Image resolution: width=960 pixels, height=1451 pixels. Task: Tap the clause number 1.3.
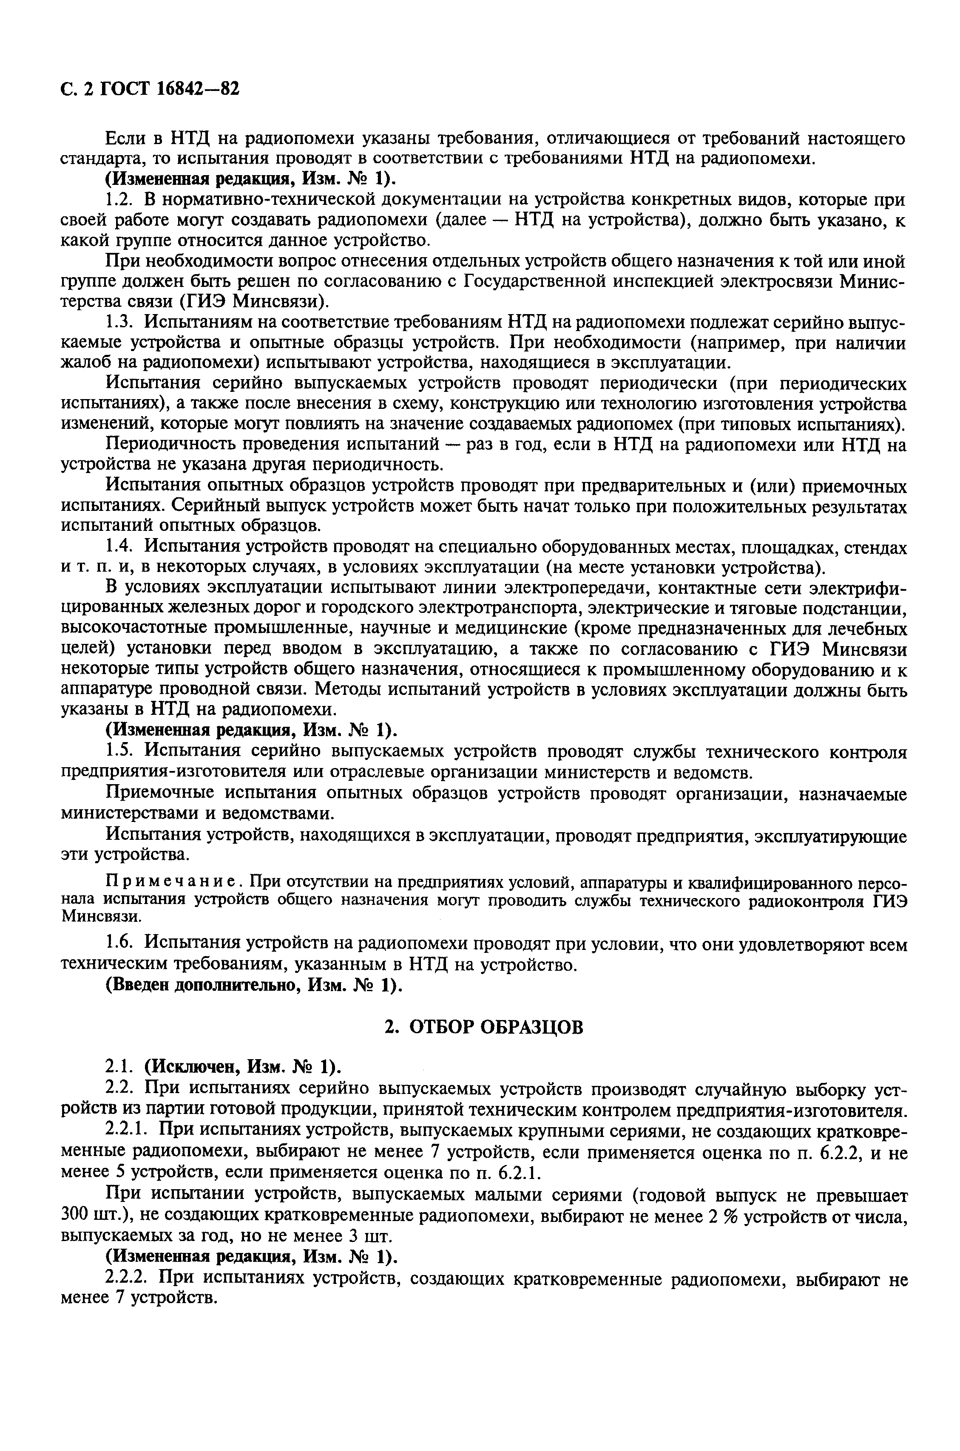(x=119, y=323)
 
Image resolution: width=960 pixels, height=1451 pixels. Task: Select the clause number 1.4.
(x=119, y=547)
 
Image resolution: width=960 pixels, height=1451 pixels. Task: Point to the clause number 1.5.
(x=119, y=751)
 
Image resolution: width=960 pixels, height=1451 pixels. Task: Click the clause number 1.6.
(x=119, y=944)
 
